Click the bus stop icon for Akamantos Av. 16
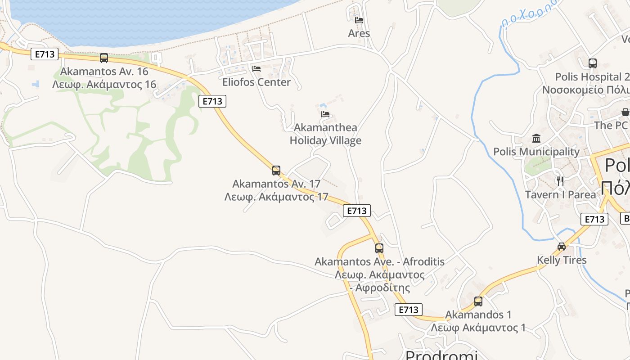point(104,58)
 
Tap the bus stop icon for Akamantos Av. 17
point(276,171)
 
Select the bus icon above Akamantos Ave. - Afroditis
point(379,248)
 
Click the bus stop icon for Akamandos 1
point(478,301)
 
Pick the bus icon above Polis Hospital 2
point(593,63)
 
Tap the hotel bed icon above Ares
point(359,20)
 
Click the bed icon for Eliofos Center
point(256,69)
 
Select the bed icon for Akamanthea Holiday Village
point(325,114)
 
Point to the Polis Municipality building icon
point(536,138)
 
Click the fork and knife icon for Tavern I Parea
point(560,181)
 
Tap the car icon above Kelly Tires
point(562,247)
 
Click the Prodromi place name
point(441,355)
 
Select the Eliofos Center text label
point(256,82)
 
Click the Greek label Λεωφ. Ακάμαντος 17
point(276,197)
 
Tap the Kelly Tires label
point(562,260)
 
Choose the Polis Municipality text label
point(536,152)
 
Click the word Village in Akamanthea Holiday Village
point(346,141)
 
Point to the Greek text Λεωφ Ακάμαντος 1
point(478,328)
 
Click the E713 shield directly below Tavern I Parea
point(594,219)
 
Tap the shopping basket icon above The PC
point(625,112)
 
